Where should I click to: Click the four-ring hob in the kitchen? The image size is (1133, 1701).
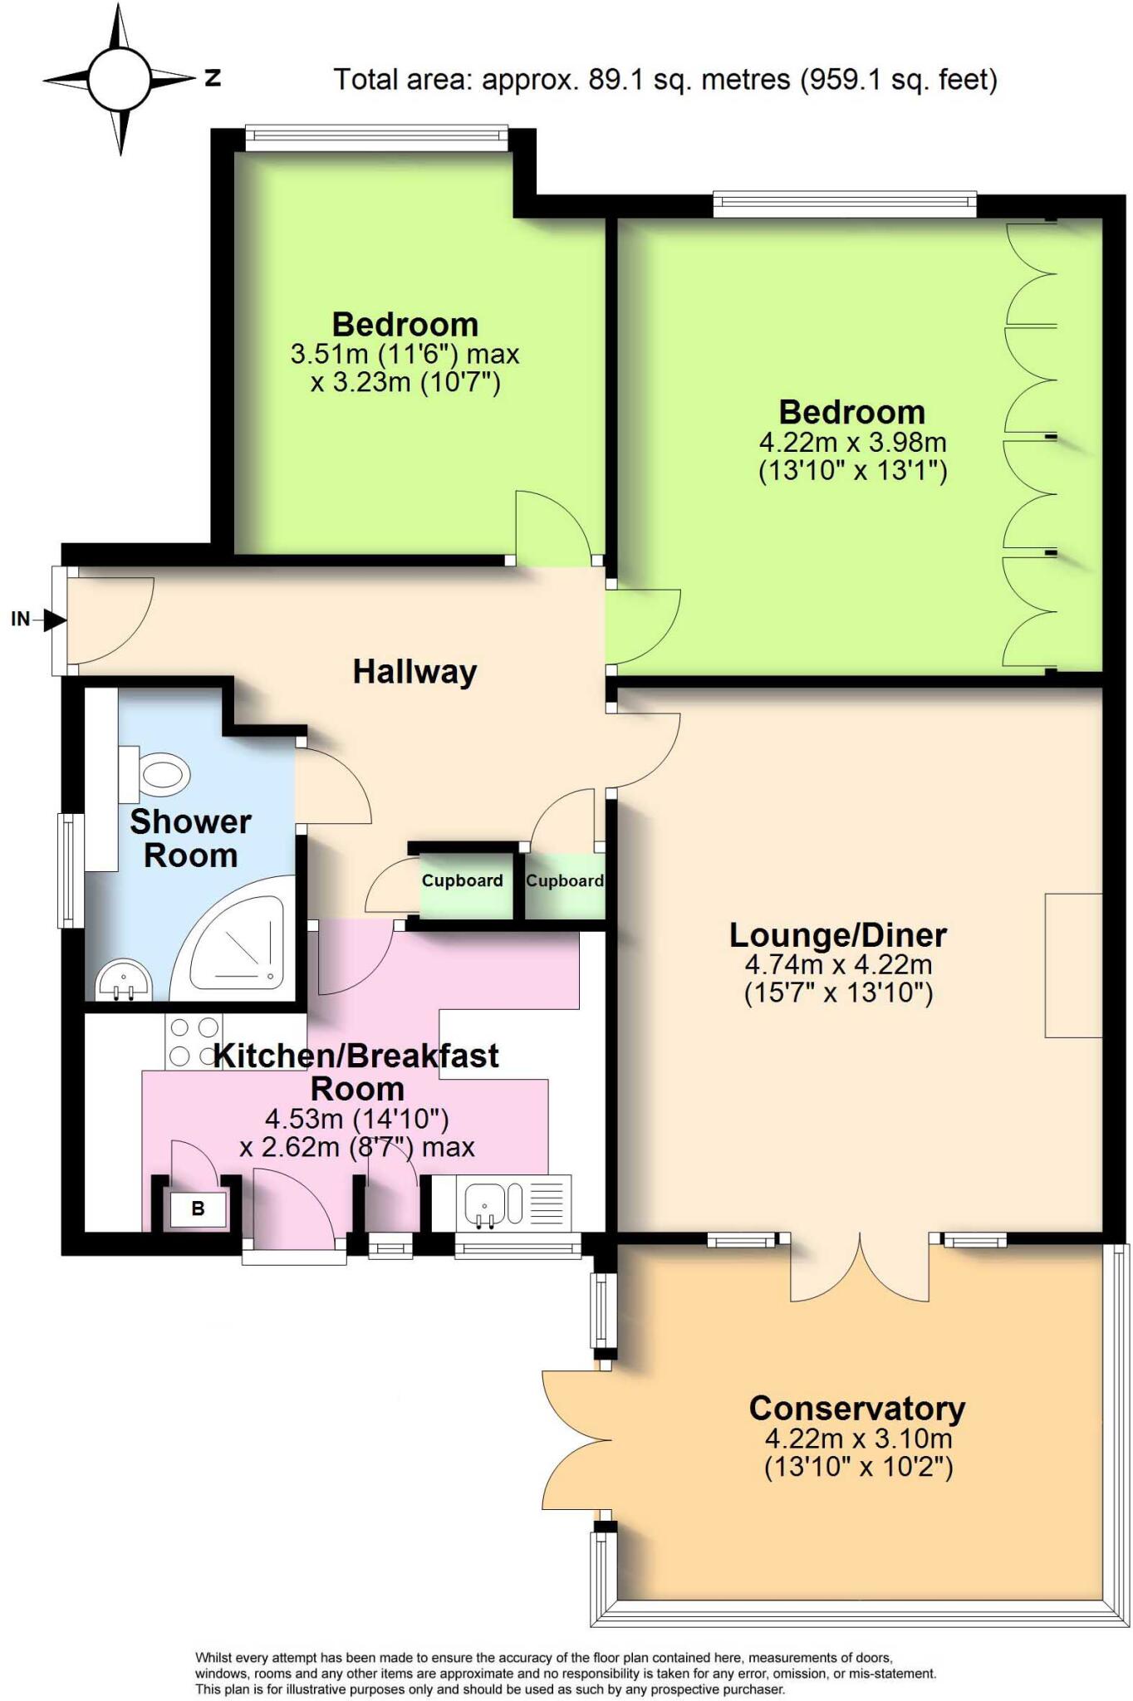pyautogui.click(x=194, y=1042)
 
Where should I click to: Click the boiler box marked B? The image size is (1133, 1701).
pyautogui.click(x=198, y=1208)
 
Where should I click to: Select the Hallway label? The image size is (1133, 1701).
pyautogui.click(x=414, y=671)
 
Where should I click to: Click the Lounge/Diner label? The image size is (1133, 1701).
pyautogui.click(x=837, y=935)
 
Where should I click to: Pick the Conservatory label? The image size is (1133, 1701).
pyautogui.click(x=856, y=1409)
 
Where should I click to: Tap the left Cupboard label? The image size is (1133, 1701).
pyautogui.click(x=462, y=881)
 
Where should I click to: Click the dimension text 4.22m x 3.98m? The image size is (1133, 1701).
pyautogui.click(x=852, y=442)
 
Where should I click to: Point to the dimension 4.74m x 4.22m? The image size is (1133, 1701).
pyautogui.click(x=838, y=965)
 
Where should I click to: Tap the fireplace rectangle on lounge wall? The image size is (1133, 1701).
pyautogui.click(x=1072, y=965)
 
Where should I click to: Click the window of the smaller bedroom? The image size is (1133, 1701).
pyautogui.click(x=376, y=138)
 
